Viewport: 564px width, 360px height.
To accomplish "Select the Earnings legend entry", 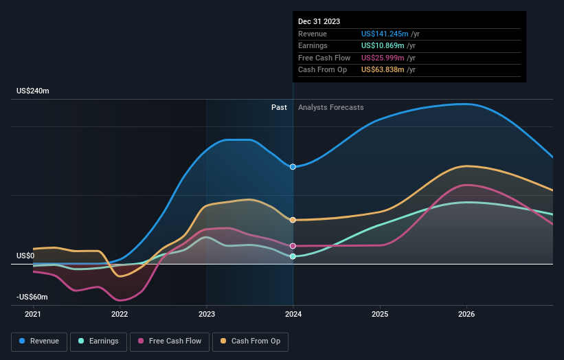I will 98,341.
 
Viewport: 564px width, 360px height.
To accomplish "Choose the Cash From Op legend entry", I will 251,341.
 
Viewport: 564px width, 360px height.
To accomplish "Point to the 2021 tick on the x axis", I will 33,315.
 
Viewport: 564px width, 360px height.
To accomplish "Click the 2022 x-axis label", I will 120,315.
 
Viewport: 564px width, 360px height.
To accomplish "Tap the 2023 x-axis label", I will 206,315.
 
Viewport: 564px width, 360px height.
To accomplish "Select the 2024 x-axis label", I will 293,315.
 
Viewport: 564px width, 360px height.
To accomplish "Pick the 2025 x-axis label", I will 380,315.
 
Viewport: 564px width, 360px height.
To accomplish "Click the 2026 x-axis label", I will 466,315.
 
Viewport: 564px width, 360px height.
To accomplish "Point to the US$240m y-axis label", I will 33,91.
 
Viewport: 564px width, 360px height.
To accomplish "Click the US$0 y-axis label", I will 26,256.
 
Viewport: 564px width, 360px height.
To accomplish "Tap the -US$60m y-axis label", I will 33,297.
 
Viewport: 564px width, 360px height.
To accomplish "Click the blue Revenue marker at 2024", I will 293,167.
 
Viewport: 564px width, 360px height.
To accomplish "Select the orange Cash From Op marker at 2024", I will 293,220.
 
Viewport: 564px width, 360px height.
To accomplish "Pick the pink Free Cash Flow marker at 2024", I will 293,246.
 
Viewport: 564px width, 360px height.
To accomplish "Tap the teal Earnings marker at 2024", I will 293,256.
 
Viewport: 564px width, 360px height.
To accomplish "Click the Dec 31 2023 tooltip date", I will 319,21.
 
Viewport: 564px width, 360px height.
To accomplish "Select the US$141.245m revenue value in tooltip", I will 385,34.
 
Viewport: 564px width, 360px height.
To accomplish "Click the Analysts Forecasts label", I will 330,107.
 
